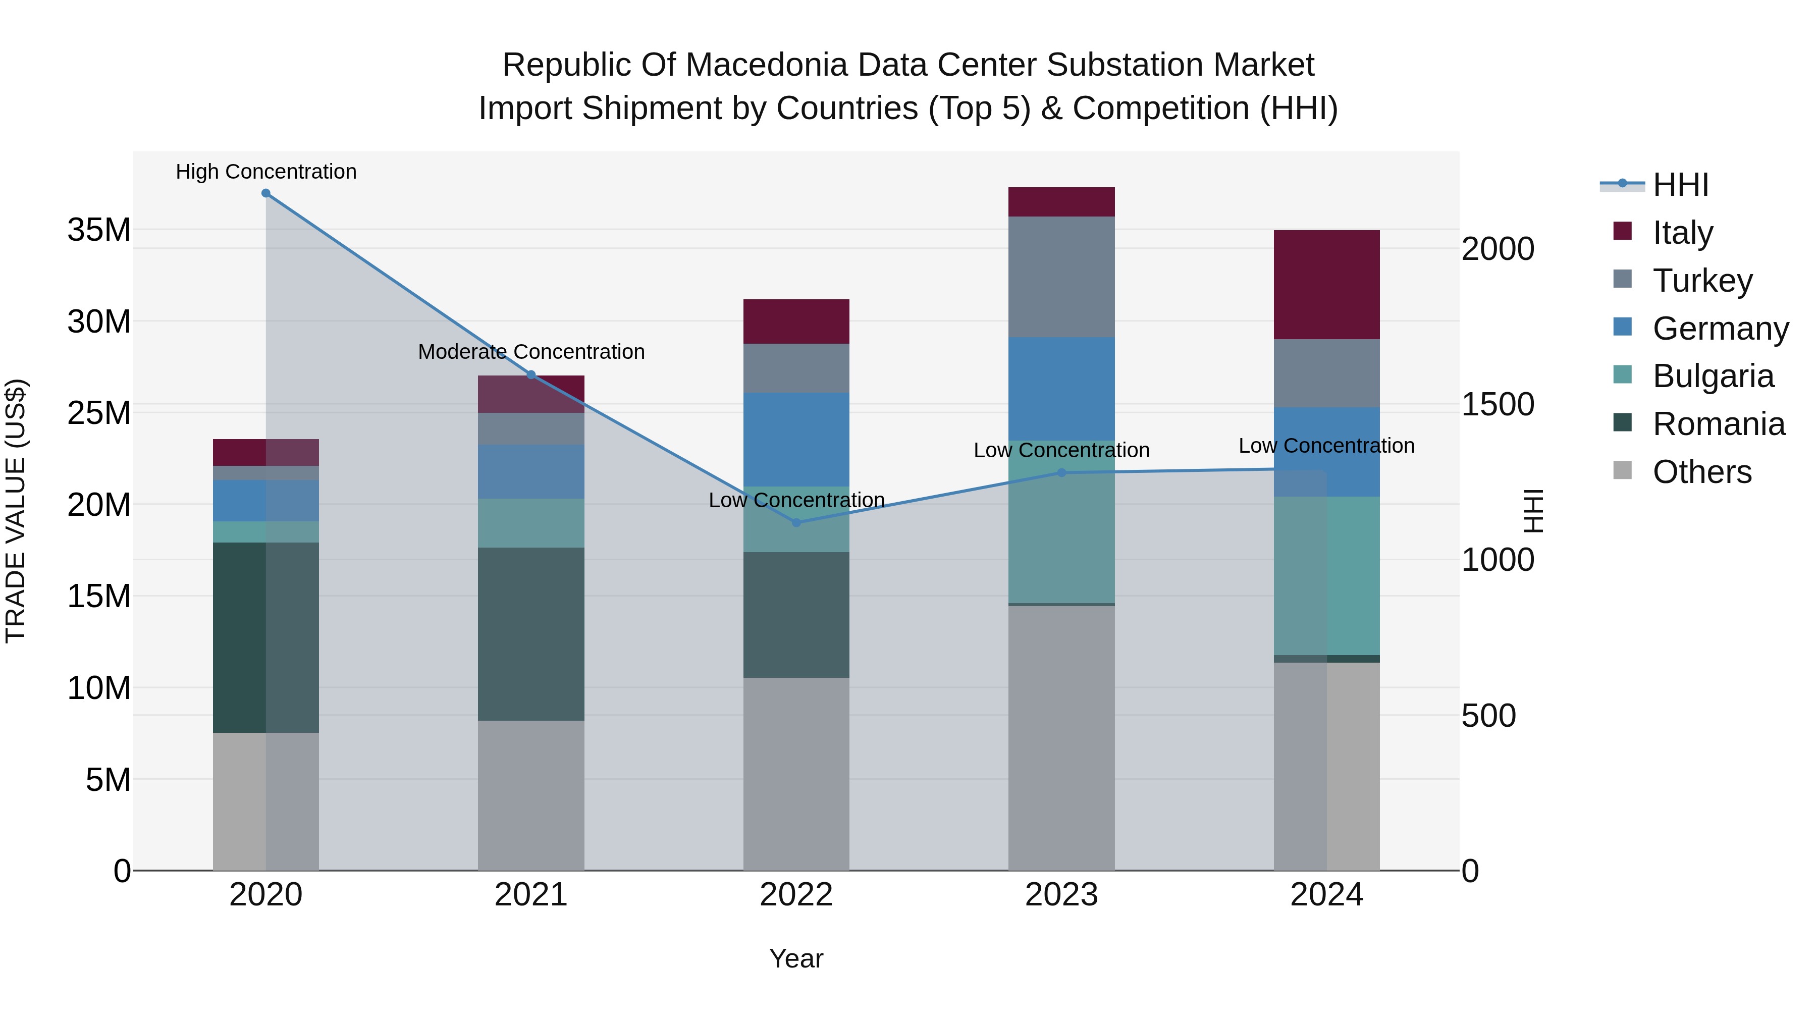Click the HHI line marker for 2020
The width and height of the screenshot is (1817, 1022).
[x=266, y=193]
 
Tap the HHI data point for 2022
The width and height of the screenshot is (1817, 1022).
[x=796, y=523]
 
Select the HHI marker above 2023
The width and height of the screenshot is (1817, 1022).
[x=1061, y=472]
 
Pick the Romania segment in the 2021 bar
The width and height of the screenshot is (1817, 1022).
[x=531, y=633]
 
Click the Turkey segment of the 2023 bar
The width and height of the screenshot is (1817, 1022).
[x=1061, y=277]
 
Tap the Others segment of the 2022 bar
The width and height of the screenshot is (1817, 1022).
[x=796, y=774]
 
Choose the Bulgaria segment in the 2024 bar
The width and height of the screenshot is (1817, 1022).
[x=1327, y=575]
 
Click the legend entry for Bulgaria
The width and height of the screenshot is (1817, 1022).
[x=1713, y=376]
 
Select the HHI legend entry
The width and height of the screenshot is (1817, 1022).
[x=1680, y=185]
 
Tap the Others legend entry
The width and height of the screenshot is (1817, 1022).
[x=1701, y=472]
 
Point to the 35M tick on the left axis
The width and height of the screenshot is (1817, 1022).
[x=99, y=230]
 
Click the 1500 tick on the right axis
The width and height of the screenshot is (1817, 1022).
[x=1498, y=404]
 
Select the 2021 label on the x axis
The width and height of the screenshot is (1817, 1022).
[x=531, y=895]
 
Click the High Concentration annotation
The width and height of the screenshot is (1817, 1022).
[x=266, y=172]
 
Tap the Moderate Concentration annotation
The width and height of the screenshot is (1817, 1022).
[x=531, y=351]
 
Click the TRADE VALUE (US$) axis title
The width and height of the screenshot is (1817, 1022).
[x=16, y=511]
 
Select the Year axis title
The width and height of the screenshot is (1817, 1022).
[x=796, y=958]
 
